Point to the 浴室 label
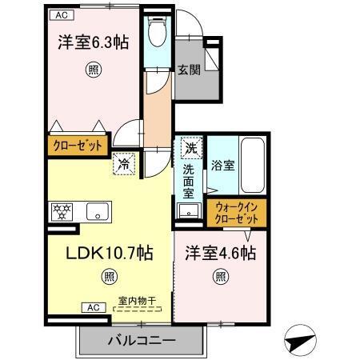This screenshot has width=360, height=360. coord(222,166)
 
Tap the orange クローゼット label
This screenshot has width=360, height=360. coord(79,146)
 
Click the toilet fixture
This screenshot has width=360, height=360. coord(156,33)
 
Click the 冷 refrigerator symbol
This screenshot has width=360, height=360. coord(124,163)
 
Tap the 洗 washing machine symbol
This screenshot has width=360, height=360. coord(190,148)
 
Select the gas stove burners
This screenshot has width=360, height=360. coord(62,213)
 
